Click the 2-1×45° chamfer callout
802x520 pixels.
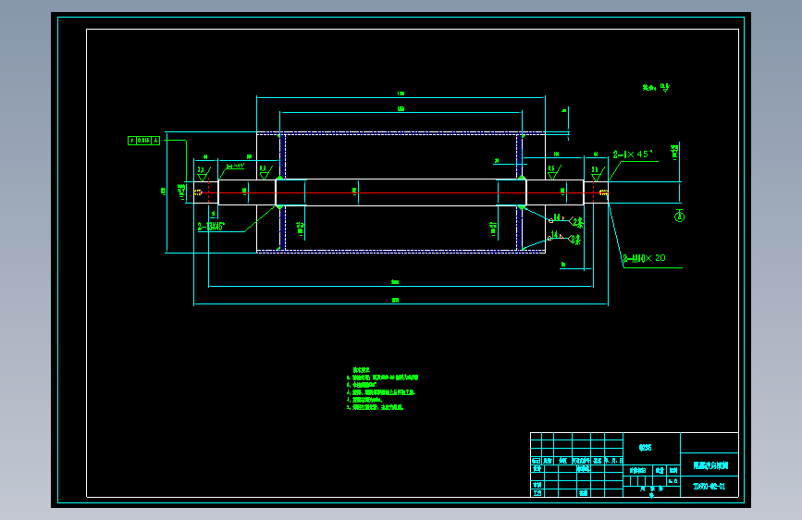point(633,155)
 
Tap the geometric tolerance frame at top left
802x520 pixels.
point(143,141)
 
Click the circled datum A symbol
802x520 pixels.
point(678,217)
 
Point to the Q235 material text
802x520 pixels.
point(645,447)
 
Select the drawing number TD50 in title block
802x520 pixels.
point(709,486)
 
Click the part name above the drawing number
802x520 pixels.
point(709,465)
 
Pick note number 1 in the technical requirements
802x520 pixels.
point(383,378)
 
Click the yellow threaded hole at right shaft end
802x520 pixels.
point(603,192)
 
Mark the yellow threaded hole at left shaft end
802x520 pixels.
point(199,192)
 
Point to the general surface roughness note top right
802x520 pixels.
point(656,89)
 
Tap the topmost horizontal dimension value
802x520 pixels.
point(401,93)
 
